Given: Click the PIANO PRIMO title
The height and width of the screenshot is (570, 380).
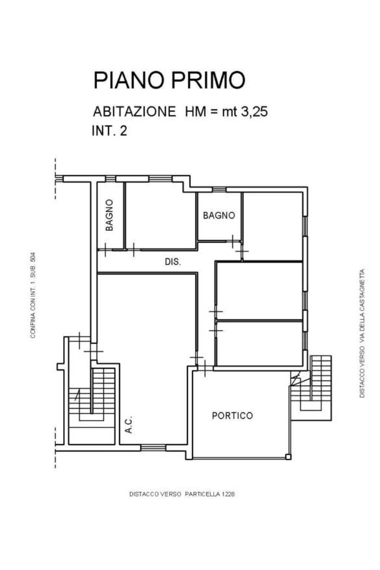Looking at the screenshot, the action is coord(169,80).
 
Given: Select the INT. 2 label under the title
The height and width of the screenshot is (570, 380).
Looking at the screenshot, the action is coord(109,131).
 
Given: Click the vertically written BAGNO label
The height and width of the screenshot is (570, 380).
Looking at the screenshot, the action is coord(109,215).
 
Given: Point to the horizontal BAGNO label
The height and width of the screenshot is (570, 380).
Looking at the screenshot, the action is coord(219,216).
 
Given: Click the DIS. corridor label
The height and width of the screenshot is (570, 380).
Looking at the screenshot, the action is coord(173,262).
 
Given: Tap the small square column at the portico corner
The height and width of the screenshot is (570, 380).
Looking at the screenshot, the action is coord(288,457).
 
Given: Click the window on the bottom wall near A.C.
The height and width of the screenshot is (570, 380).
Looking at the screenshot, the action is coord(153,448).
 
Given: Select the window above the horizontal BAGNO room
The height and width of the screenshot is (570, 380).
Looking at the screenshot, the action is coord(219,190).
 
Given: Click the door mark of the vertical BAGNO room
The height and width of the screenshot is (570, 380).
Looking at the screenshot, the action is coord(105,250).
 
